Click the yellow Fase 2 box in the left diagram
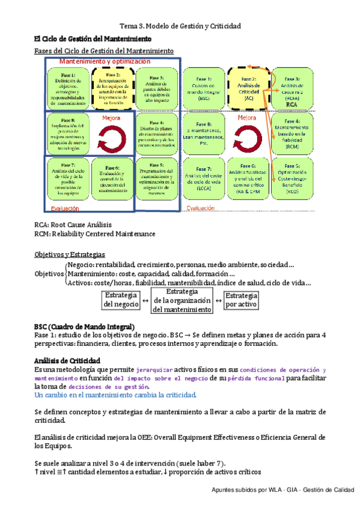[x=114, y=87]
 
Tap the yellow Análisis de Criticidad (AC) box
[x=248, y=88]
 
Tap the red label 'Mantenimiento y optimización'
[x=105, y=62]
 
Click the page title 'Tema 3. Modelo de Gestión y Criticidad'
[x=180, y=26]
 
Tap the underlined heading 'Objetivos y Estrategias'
[x=70, y=254]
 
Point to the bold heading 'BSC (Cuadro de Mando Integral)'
[x=85, y=327]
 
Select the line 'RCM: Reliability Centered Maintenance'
[x=95, y=233]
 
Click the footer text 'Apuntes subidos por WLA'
[x=246, y=491]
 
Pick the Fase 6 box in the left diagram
[x=114, y=179]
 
